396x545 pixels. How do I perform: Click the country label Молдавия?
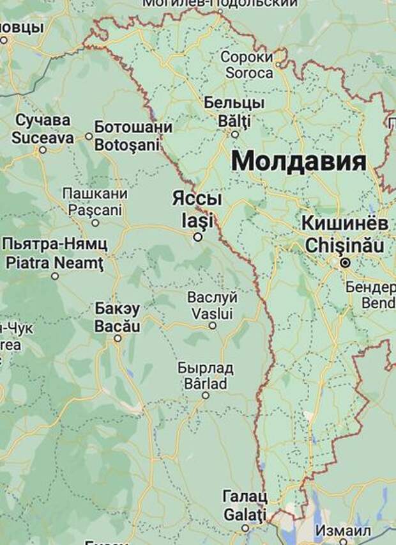(299, 162)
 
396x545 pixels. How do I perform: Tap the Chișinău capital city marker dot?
(346, 263)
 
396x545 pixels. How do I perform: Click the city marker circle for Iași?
(198, 237)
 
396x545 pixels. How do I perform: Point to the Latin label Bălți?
(234, 120)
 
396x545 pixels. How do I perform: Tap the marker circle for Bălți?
(235, 134)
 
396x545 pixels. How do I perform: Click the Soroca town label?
(247, 73)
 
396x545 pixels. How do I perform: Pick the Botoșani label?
(126, 145)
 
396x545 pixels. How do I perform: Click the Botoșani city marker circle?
(89, 136)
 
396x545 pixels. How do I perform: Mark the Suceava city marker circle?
(43, 150)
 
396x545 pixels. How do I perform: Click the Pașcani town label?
(95, 209)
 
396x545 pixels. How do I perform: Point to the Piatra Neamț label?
(54, 262)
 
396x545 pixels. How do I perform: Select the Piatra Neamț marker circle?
(55, 276)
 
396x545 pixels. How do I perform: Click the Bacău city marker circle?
(118, 338)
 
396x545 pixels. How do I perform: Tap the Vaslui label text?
(213, 313)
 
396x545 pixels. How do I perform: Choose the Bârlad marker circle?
(206, 395)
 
